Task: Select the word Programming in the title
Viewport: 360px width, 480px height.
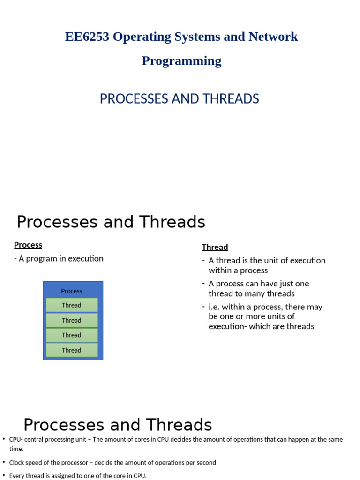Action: click(181, 61)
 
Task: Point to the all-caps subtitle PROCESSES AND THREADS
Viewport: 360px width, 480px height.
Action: click(180, 99)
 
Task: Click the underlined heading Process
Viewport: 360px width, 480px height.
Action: click(28, 245)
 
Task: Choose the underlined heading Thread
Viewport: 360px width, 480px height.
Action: click(215, 247)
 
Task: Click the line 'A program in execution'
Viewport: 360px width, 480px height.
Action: click(60, 258)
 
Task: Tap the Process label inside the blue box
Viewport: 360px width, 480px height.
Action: click(71, 291)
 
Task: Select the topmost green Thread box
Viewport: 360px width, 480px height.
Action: click(72, 305)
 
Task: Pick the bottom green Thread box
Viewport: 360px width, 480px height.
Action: click(72, 350)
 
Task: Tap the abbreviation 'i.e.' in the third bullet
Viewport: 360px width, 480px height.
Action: click(215, 307)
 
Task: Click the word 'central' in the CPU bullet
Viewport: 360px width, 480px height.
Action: click(37, 439)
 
